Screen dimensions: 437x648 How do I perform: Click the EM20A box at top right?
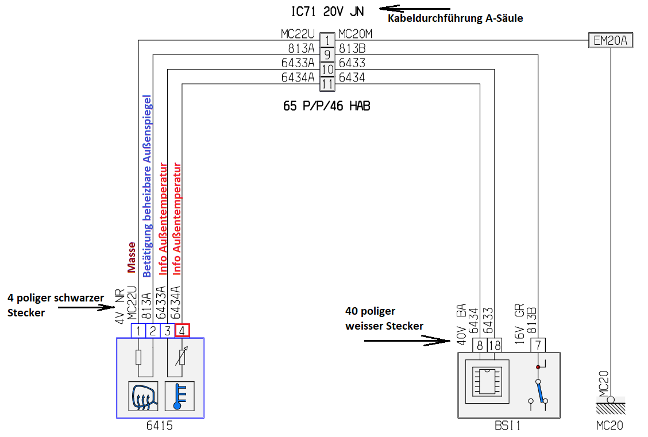(x=611, y=41)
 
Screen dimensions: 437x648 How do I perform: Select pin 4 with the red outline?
(x=182, y=331)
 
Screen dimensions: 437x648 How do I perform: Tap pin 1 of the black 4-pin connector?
(x=138, y=331)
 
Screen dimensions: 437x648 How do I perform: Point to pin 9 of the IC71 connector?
(x=326, y=55)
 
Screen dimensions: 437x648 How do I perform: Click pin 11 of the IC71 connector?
(x=326, y=84)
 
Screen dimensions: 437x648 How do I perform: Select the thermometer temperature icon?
(x=179, y=396)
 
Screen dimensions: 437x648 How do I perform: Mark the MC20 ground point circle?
(x=611, y=400)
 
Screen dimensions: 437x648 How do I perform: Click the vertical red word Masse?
(x=132, y=257)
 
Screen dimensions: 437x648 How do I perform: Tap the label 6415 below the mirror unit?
(x=160, y=426)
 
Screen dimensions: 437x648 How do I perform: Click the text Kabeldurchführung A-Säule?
(x=456, y=18)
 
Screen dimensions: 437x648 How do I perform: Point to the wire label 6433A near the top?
(x=298, y=63)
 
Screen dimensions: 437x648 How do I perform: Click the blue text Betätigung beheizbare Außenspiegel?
(x=146, y=186)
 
